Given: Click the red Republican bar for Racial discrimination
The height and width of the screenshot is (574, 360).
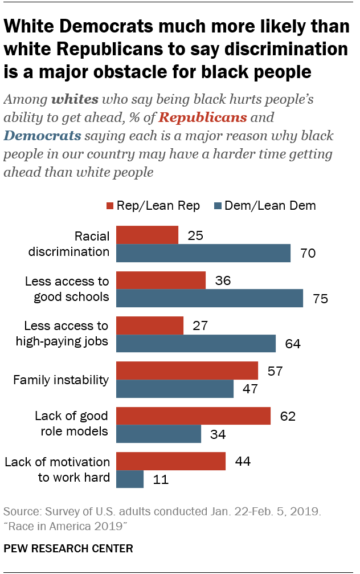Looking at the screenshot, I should [147, 235].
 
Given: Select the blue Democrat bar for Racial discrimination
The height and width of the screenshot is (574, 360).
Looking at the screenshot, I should [203, 253].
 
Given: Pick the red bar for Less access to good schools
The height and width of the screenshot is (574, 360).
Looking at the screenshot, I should [161, 280].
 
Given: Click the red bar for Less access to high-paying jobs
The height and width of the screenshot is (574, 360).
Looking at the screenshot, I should [150, 325].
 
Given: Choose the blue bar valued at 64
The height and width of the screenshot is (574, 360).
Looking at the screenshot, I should [196, 344].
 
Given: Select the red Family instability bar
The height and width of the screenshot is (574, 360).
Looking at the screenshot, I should [187, 371].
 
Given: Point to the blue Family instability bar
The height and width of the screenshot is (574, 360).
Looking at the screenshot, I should [175, 389].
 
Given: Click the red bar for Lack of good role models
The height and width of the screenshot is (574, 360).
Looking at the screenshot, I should [193, 416].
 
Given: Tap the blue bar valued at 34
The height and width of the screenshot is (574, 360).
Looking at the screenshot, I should [158, 434].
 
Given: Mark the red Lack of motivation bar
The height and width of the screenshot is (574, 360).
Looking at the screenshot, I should [171, 461].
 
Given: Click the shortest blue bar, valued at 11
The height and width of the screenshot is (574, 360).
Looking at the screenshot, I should [130, 479].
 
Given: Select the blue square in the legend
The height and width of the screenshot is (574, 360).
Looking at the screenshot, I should [219, 206].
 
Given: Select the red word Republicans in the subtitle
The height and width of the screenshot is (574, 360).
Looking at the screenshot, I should [202, 118].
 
